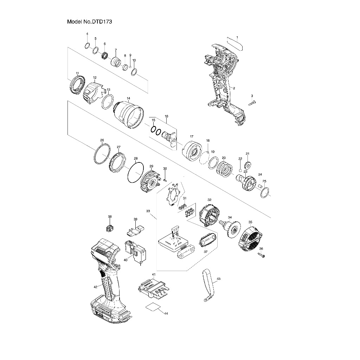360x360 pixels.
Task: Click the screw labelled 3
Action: pos(253,103)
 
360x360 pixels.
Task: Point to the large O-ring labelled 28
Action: pos(135,173)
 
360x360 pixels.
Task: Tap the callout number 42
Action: pos(95,287)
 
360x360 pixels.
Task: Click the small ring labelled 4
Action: pos(87,45)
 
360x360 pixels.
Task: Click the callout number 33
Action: pos(148,211)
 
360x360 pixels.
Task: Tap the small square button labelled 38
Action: pos(110,228)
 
